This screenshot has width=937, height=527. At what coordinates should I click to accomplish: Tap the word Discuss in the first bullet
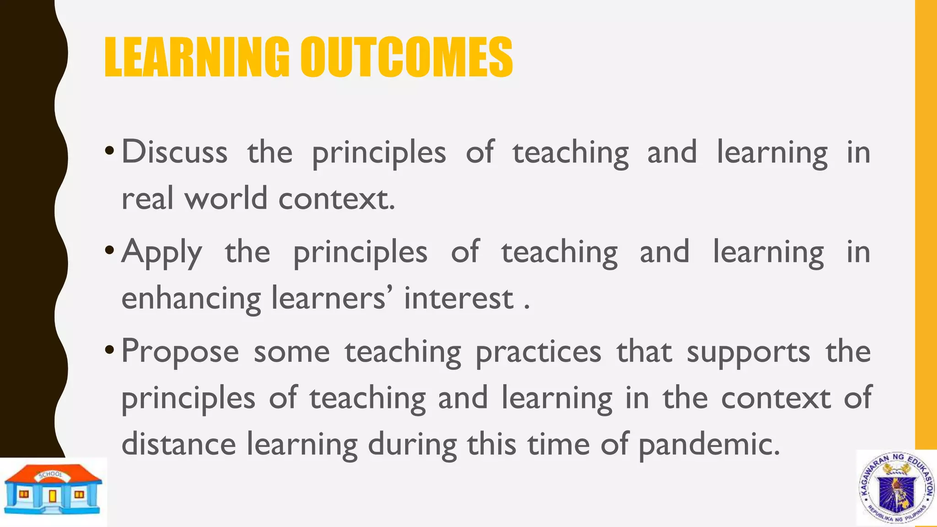[x=174, y=152]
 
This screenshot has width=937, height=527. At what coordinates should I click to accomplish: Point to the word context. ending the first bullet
[x=336, y=199]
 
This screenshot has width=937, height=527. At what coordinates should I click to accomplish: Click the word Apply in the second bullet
[x=162, y=253]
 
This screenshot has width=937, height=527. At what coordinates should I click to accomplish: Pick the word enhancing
[x=191, y=299]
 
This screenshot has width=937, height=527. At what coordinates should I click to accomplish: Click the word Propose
[x=180, y=352]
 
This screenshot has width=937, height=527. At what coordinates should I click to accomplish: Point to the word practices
[x=538, y=352]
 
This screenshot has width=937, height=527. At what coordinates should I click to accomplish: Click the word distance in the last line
[x=178, y=444]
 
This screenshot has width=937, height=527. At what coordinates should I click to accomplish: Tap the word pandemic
[x=709, y=445]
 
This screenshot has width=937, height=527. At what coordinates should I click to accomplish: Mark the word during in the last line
[x=412, y=445]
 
